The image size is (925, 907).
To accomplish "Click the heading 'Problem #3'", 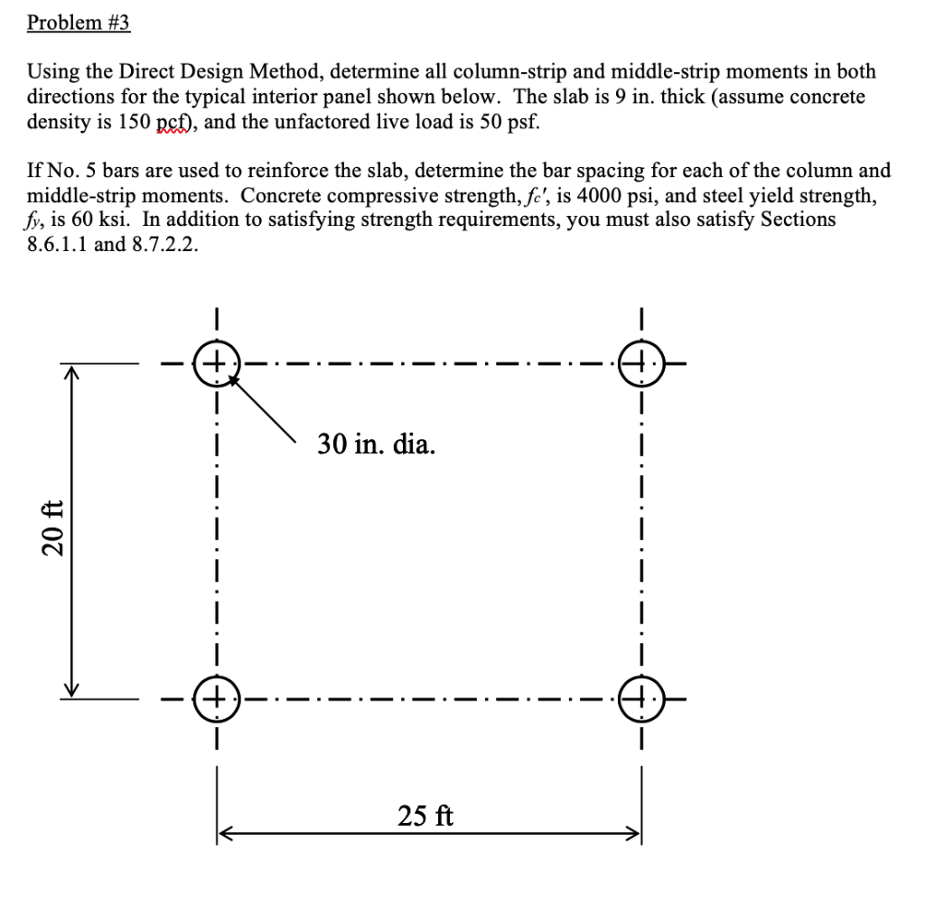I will pyautogui.click(x=79, y=22).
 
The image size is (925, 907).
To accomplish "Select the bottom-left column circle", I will pyautogui.click(x=217, y=698).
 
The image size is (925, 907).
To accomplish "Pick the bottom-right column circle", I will pyautogui.click(x=640, y=698).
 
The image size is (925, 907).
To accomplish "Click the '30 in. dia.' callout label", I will pyautogui.click(x=376, y=444).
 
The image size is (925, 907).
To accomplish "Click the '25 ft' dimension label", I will pyautogui.click(x=425, y=818).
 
